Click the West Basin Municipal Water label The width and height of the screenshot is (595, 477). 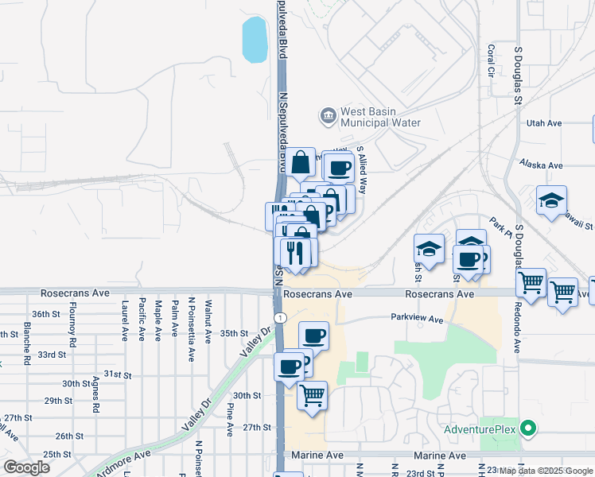(x=379, y=118)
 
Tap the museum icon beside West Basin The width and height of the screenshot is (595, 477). (x=328, y=118)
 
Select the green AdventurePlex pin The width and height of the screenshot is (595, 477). (x=528, y=429)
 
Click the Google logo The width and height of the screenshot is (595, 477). (x=26, y=467)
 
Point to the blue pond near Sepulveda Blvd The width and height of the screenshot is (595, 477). (x=255, y=40)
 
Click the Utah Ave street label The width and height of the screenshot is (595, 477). (x=544, y=123)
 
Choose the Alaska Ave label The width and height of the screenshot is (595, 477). (x=541, y=165)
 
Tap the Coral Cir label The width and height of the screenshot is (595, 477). (x=491, y=60)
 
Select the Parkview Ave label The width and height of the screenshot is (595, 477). (x=416, y=319)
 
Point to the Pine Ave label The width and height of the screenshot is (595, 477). (x=230, y=420)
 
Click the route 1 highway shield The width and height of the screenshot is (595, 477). (x=279, y=317)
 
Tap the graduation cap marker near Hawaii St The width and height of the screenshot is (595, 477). (x=550, y=200)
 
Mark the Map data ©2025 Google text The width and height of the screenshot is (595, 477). (x=544, y=471)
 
